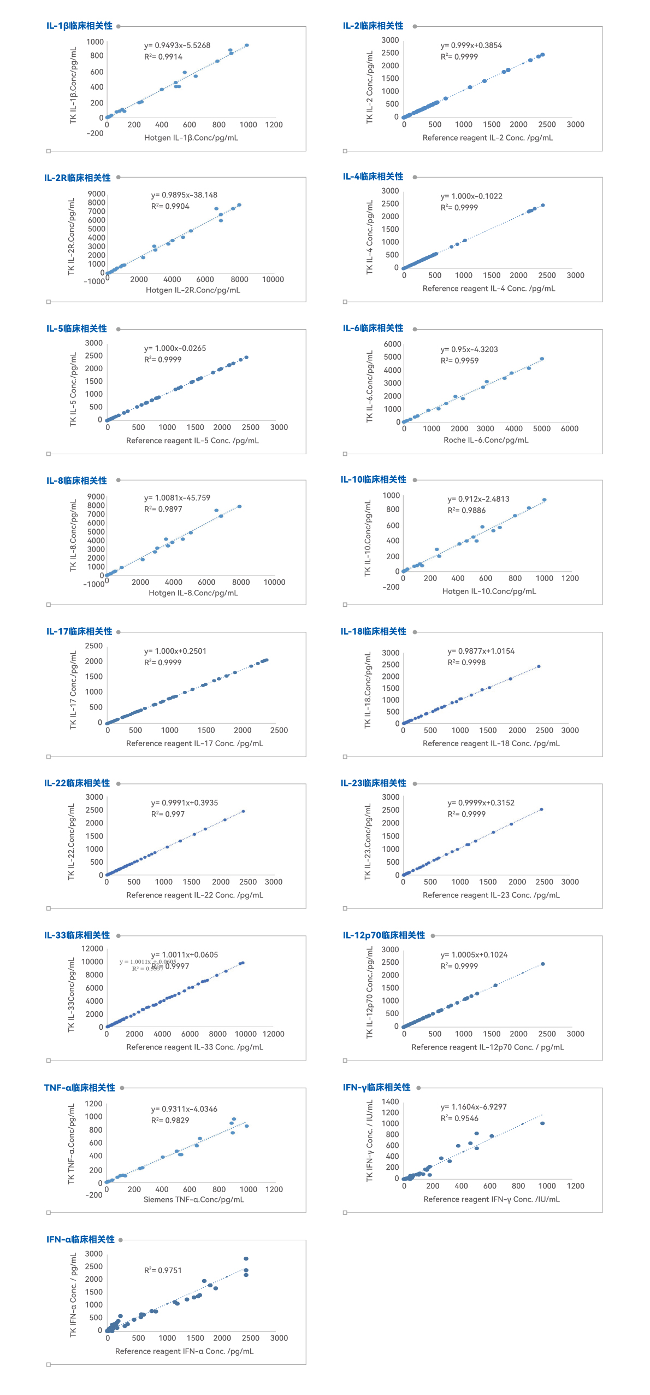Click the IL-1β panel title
tap(79, 26)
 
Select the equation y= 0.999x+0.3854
tap(471, 45)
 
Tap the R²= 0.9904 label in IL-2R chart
tap(170, 206)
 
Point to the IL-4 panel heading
tap(373, 177)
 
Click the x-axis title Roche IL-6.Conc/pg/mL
tap(486, 440)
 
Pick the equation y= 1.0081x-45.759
tap(177, 498)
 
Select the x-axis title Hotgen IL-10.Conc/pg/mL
tap(489, 591)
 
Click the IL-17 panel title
tap(79, 631)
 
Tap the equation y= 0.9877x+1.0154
tap(481, 651)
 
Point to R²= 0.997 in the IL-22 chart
tap(168, 814)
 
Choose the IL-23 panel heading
tap(374, 783)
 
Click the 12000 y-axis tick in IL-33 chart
tap(92, 948)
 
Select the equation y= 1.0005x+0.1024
tap(474, 954)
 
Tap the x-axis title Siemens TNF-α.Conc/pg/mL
tap(193, 1199)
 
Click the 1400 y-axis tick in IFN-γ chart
tap(390, 1101)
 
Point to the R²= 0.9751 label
tap(163, 1270)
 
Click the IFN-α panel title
tap(80, 1239)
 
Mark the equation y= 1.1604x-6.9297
tap(474, 1107)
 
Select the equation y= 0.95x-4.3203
tap(469, 349)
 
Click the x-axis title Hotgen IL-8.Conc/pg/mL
tap(193, 593)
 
